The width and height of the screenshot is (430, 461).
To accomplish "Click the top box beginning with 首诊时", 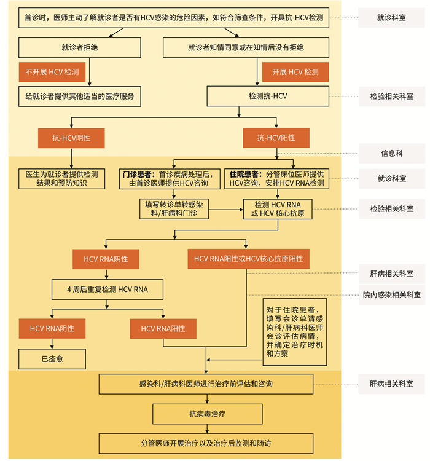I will coord(174,17).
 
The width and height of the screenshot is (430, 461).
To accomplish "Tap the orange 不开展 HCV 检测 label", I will coord(52,72).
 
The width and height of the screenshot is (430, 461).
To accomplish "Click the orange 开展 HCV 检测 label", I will coord(295,72).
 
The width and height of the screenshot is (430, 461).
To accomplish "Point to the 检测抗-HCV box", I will coord(268,96).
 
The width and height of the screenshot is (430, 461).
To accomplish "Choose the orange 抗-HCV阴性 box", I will coord(71,138).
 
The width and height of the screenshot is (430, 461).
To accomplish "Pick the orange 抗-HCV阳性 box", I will coord(276,138).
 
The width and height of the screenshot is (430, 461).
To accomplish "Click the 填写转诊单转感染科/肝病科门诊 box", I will coord(174,208).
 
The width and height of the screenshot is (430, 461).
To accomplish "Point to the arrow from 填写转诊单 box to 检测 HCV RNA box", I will coord(225,209).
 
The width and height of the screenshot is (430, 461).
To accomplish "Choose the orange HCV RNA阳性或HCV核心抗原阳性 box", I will coord(248,259).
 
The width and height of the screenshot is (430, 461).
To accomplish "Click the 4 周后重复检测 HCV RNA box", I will coord(107,288).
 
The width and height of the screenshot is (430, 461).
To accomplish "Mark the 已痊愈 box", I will coord(52,358).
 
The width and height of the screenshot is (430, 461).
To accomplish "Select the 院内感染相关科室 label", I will coord(391,295).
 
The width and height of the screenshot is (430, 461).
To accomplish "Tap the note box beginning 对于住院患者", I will coord(291,328).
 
